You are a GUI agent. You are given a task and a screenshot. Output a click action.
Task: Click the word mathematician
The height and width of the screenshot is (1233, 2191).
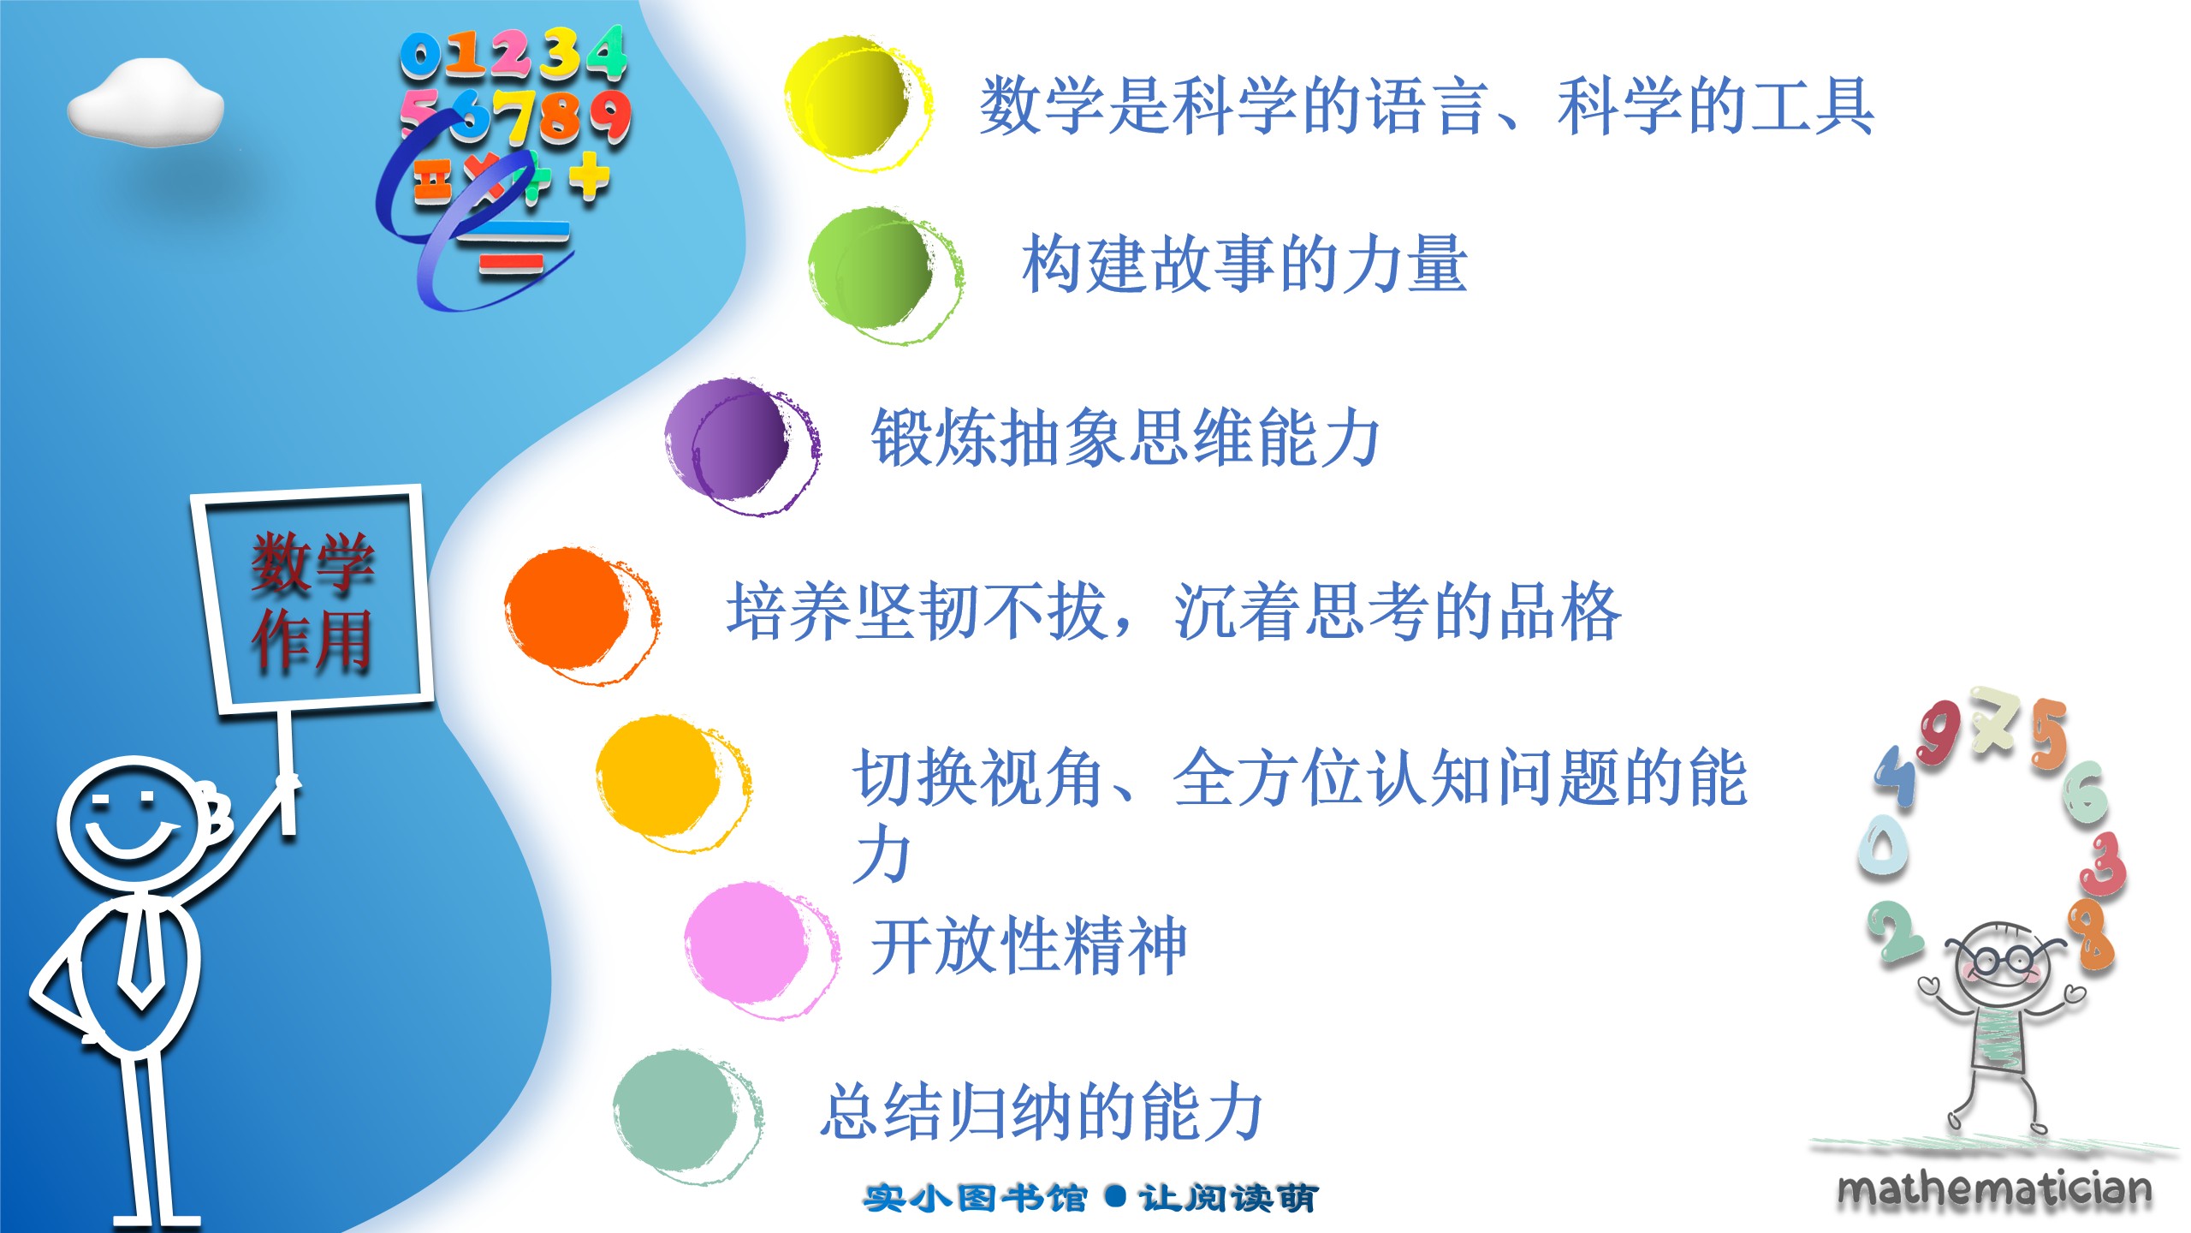(x=1994, y=1189)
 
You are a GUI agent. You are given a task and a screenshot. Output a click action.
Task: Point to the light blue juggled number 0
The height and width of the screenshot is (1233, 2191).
(x=1882, y=844)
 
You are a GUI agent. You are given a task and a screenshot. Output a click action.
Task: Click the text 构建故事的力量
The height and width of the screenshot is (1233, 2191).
(x=1245, y=264)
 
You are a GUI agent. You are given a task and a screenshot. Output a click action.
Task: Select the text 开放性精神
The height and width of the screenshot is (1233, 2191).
(x=1030, y=945)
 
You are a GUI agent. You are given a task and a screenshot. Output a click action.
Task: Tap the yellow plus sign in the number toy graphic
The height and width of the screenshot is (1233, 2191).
(x=590, y=176)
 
